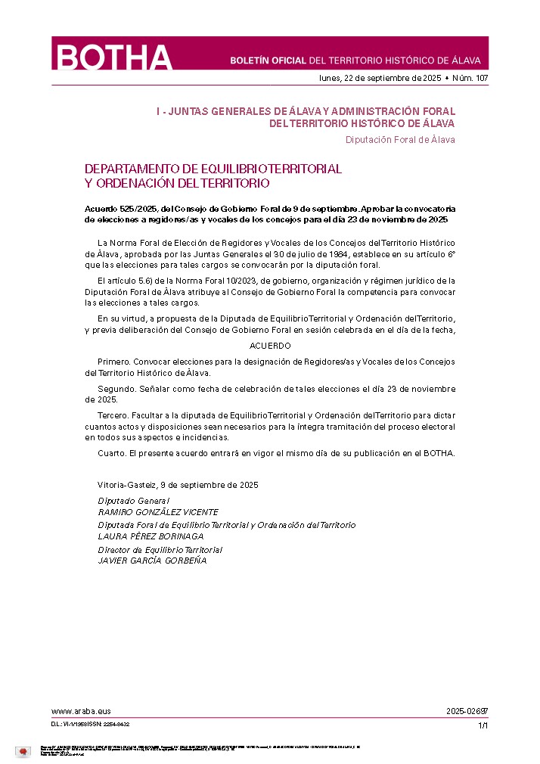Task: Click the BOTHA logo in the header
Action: (113, 57)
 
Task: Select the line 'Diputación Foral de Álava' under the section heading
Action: (400, 139)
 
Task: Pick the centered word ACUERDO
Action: (270, 346)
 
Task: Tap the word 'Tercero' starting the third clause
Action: (113, 416)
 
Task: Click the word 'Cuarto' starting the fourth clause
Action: (111, 453)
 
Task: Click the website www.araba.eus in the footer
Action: (81, 712)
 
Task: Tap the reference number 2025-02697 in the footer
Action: (467, 712)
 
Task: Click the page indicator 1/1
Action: (483, 725)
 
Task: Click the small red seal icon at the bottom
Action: (23, 751)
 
